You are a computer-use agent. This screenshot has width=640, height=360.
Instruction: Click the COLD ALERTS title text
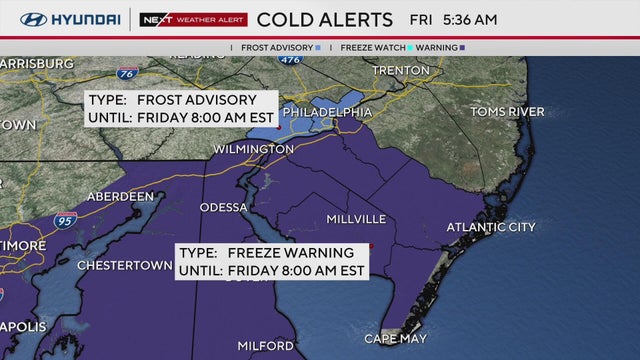pyautogui.click(x=325, y=19)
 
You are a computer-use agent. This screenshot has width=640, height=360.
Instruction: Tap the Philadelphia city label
pyautogui.click(x=327, y=112)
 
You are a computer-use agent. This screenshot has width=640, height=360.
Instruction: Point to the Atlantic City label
pyautogui.click(x=491, y=227)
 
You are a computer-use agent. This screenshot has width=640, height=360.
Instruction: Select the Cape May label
pyautogui.click(x=395, y=339)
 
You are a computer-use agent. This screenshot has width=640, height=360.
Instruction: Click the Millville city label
pyautogui.click(x=356, y=218)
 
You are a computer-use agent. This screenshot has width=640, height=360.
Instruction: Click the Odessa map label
pyautogui.click(x=223, y=207)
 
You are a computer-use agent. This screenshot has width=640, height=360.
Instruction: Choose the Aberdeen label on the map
pyautogui.click(x=121, y=197)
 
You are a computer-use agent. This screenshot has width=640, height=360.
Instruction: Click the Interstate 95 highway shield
pyautogui.click(x=64, y=220)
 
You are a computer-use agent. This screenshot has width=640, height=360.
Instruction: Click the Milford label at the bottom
pyautogui.click(x=265, y=346)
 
